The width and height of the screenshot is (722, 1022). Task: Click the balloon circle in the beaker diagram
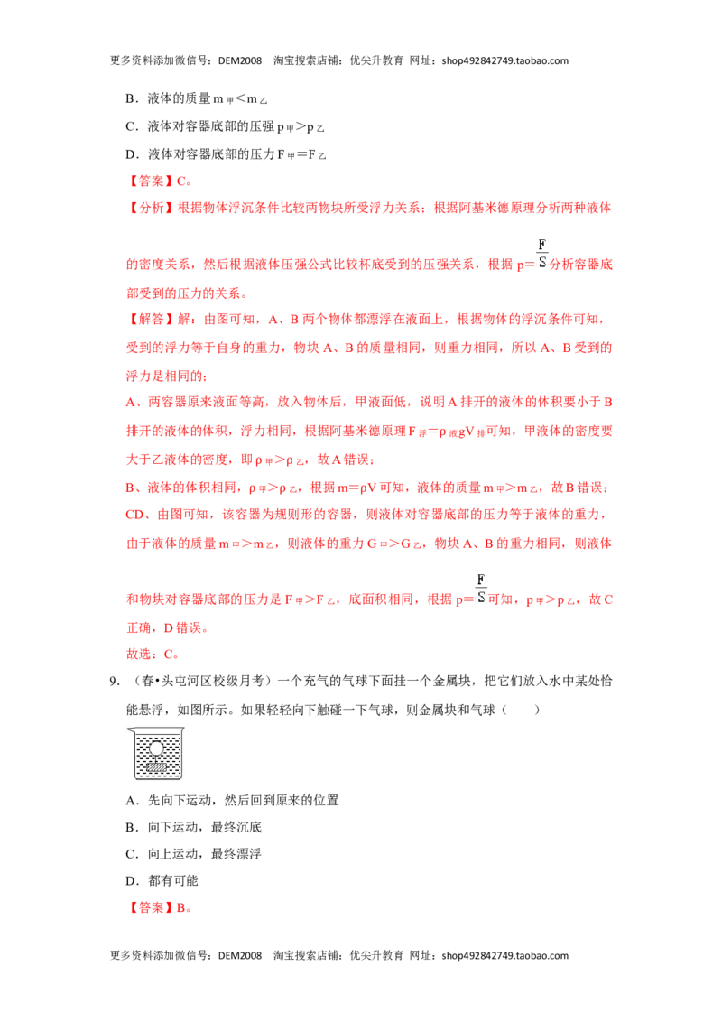pyautogui.click(x=156, y=748)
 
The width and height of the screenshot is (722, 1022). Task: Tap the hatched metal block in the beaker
pyautogui.click(x=156, y=766)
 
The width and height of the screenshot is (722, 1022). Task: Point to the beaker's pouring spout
pyautogui.click(x=131, y=730)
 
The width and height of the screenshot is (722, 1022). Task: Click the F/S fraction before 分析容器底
pyautogui.click(x=541, y=254)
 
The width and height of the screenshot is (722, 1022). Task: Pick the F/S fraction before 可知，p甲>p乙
pyautogui.click(x=481, y=589)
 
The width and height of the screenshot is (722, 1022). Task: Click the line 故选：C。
pyautogui.click(x=153, y=654)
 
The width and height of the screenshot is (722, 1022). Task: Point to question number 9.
pyautogui.click(x=115, y=681)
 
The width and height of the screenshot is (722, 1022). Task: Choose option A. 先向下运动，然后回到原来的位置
pyautogui.click(x=232, y=800)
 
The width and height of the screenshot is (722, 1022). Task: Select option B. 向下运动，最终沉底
pyautogui.click(x=193, y=826)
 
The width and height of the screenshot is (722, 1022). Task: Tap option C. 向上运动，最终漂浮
pyautogui.click(x=193, y=853)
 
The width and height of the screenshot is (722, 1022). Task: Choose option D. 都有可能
pyautogui.click(x=162, y=880)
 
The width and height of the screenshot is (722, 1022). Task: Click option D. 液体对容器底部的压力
pyautogui.click(x=226, y=154)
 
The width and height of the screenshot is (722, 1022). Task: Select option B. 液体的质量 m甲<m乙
pyautogui.click(x=196, y=98)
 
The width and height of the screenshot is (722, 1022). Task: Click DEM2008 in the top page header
pyautogui.click(x=240, y=60)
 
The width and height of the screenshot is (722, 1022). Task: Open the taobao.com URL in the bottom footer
pyautogui.click(x=505, y=955)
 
